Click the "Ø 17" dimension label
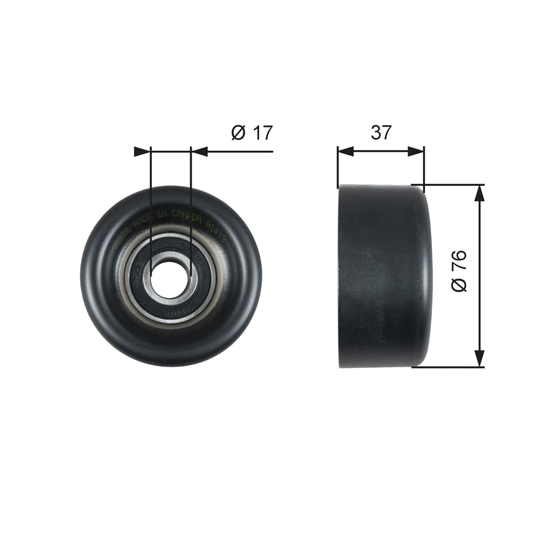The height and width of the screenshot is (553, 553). [251, 133]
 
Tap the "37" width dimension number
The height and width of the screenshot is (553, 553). [381, 133]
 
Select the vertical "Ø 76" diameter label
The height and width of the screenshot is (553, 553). [459, 271]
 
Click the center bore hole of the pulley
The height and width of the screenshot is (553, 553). [170, 277]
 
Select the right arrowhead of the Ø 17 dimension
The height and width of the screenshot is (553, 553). [200, 152]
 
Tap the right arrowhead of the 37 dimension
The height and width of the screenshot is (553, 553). [416, 151]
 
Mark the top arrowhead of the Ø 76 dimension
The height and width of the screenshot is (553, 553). [479, 193]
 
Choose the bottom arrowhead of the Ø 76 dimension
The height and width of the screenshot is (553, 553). [479, 359]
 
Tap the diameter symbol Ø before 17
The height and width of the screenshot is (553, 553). [238, 133]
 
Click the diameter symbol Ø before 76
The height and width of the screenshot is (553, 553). [459, 285]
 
